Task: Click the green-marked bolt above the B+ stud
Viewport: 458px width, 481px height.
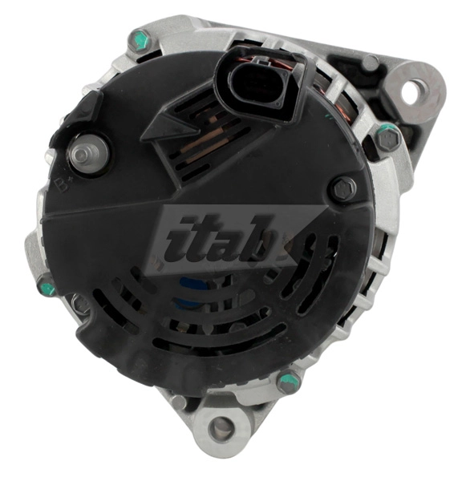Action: tap(141, 38)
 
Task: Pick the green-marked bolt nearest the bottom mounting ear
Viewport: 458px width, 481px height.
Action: tap(288, 382)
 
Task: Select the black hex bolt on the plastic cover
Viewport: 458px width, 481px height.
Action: tap(342, 189)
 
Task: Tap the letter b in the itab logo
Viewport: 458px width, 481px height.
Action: tap(254, 241)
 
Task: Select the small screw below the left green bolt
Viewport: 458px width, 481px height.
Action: tap(80, 304)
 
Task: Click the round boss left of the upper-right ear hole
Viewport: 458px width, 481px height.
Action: tap(371, 63)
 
